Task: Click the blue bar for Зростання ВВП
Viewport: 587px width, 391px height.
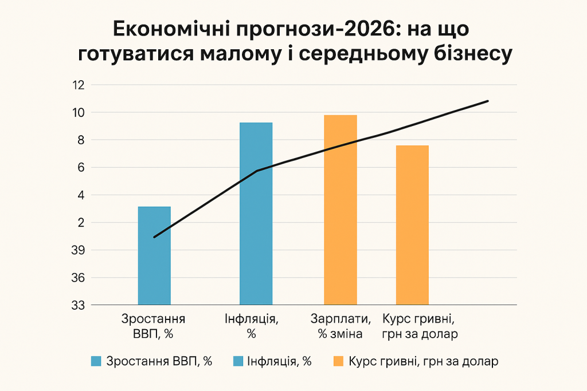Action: click(x=154, y=255)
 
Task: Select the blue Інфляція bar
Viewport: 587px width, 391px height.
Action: click(x=256, y=213)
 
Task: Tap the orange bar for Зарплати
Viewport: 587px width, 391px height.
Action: click(x=341, y=210)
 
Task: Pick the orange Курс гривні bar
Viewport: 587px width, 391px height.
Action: click(x=412, y=225)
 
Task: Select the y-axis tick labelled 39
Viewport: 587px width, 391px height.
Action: click(x=79, y=250)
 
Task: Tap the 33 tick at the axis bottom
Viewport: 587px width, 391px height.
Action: click(x=79, y=305)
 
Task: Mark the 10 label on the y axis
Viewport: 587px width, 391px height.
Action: click(x=79, y=113)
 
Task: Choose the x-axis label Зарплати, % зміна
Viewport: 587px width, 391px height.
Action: click(x=341, y=327)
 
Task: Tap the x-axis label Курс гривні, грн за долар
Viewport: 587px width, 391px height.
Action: click(x=420, y=327)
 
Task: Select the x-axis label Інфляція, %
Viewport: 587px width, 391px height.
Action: click(x=252, y=327)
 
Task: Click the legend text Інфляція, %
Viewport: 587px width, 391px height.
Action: click(x=280, y=361)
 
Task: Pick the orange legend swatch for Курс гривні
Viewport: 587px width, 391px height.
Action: click(x=338, y=361)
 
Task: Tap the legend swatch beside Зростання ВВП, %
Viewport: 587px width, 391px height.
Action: click(x=96, y=361)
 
